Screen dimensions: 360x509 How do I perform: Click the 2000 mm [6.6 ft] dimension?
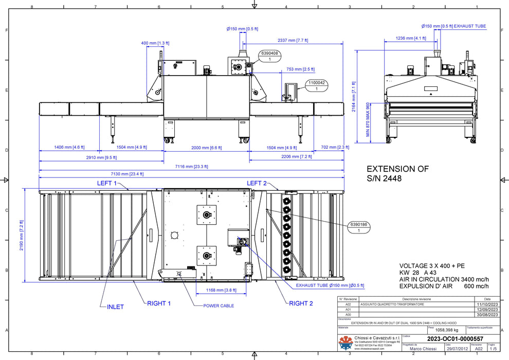click(207, 147)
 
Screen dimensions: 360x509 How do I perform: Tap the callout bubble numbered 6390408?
click(270, 56)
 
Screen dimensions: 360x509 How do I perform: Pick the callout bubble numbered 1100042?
click(316, 85)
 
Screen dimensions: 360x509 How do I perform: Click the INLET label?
click(115, 307)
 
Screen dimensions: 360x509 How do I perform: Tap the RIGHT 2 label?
click(301, 303)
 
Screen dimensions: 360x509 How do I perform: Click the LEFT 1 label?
click(107, 183)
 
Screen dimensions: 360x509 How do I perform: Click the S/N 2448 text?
click(384, 178)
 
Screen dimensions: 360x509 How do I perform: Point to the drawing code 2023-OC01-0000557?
click(455, 338)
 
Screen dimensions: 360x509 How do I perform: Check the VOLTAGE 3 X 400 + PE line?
click(432, 265)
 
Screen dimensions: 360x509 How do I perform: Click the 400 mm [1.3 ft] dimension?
click(152, 43)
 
